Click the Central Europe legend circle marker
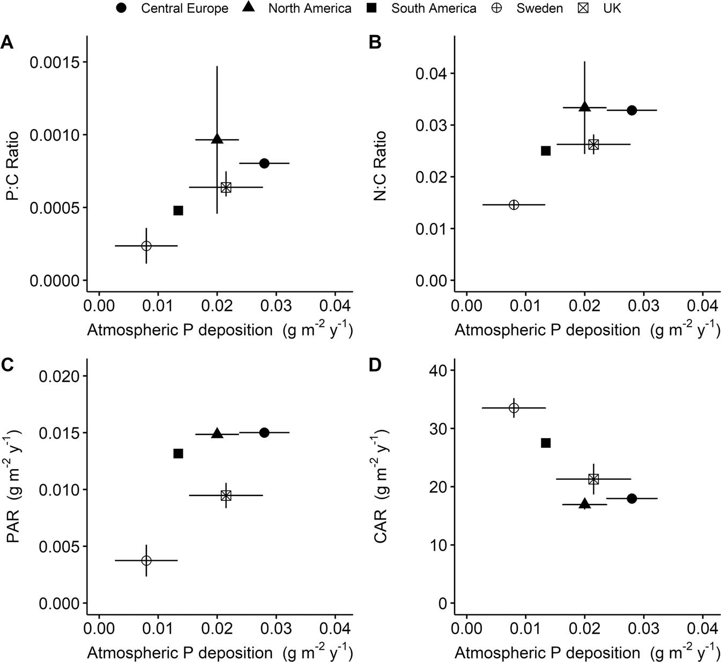point(122,8)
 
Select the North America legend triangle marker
point(249,8)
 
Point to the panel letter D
point(375,365)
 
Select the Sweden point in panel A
point(146,246)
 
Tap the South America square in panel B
point(546,151)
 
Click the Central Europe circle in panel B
point(631,110)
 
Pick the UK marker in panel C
point(226,495)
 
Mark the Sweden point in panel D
point(514,408)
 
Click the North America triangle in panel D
point(584,504)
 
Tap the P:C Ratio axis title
point(12,166)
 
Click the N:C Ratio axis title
point(380,166)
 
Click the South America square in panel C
point(179,454)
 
